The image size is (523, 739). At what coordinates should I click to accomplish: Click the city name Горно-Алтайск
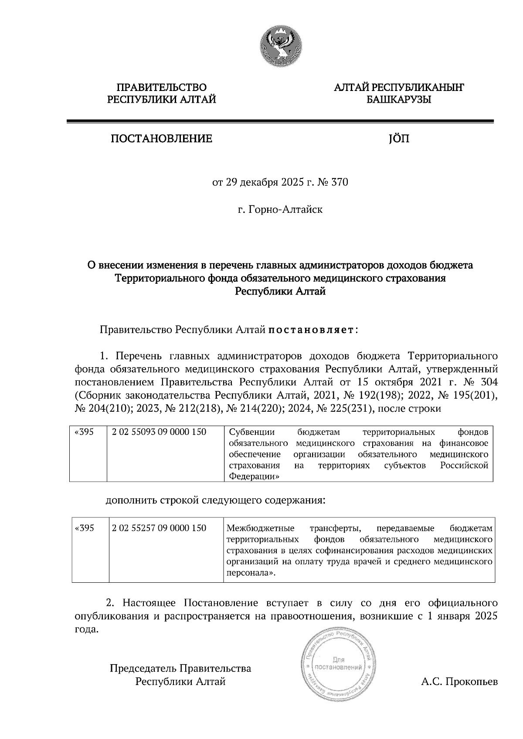coord(285,210)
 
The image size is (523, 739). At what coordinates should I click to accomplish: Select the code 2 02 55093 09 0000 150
coord(159,432)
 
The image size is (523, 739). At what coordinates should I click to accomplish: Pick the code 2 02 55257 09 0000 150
coord(159,528)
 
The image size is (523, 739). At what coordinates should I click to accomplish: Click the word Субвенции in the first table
coord(252,432)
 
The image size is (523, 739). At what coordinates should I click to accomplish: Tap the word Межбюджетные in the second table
coord(261,528)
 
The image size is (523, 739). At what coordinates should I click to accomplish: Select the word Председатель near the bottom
coord(143,668)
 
